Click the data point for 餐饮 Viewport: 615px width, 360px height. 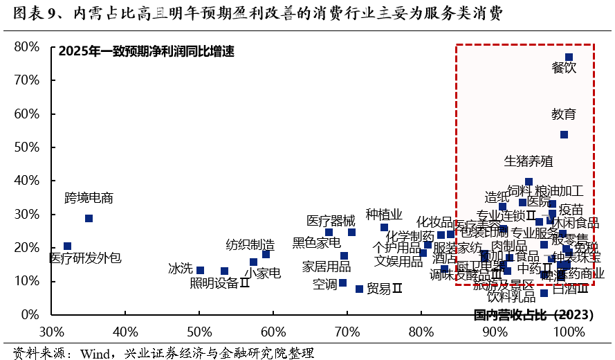tap(569, 57)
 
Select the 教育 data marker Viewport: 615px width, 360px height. tap(564, 134)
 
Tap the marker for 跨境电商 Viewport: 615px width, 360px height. tap(89, 218)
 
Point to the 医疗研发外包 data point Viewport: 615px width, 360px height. tap(67, 246)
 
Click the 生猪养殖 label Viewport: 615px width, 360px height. tap(529, 161)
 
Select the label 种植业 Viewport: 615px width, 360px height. tap(384, 214)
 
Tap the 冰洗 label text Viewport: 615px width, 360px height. tap(180, 269)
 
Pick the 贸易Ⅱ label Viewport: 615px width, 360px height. tap(384, 289)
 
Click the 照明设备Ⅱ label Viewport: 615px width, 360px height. tap(219, 283)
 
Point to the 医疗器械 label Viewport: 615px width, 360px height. tap(331, 221)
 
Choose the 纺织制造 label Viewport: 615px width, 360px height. tap(250, 244)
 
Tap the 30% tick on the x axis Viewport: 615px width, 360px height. tap(52, 330)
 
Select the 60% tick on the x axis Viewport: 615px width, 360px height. tap(273, 330)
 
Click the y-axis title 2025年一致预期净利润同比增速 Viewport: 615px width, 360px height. tap(147, 51)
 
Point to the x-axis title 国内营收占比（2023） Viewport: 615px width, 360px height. tap(533, 315)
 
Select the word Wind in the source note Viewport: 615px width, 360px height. tap(95, 353)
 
